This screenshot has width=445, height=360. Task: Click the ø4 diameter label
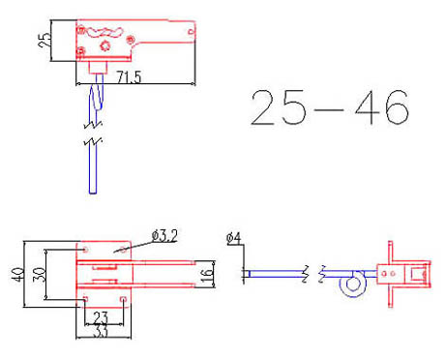click(233, 238)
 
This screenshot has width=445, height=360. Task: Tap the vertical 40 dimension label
click(15, 274)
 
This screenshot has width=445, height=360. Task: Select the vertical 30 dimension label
click(38, 274)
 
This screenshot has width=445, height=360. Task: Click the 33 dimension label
click(101, 331)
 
